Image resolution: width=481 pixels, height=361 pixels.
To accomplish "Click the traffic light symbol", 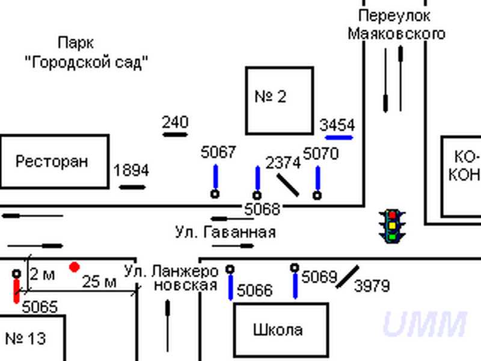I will tap(392, 226).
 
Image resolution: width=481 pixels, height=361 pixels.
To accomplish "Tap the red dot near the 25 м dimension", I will tap(74, 267).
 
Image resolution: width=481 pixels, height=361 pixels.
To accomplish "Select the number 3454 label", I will tap(337, 125).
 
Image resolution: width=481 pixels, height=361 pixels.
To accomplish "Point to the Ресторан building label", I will tap(52, 161).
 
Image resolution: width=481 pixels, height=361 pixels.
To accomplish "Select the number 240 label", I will tap(175, 122).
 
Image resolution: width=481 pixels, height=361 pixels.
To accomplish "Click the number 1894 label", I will tap(131, 170).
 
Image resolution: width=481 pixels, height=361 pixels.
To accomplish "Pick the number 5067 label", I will tap(218, 153).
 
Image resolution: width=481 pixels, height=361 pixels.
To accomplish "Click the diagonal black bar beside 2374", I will tap(287, 185).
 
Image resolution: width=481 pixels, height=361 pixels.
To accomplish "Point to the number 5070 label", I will tap(321, 153).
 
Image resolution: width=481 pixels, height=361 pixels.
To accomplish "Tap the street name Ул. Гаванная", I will tap(225, 232).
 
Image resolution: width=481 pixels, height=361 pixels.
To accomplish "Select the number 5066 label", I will tap(255, 291).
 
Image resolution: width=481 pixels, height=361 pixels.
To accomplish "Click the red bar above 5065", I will tap(16, 290).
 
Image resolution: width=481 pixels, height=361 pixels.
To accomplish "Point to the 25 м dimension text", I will tap(99, 281).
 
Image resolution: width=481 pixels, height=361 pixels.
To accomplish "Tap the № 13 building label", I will tap(25, 338).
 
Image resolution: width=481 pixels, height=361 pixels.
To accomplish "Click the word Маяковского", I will tap(397, 33).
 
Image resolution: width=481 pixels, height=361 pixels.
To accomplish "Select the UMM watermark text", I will tap(424, 325).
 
